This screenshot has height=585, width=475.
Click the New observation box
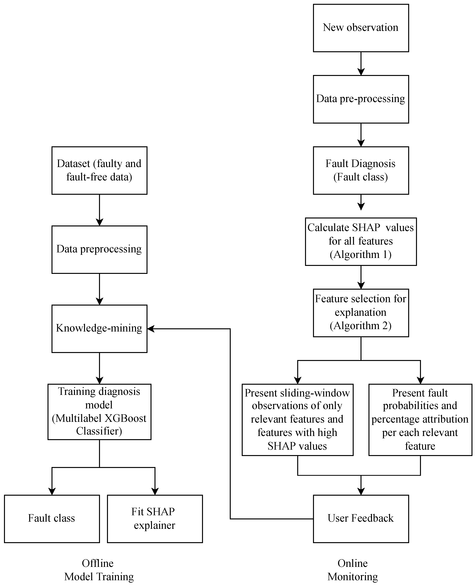tap(361, 28)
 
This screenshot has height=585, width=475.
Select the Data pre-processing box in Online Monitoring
tap(361, 99)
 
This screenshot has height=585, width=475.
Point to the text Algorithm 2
tap(361, 326)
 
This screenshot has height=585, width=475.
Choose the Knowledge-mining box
tap(99, 328)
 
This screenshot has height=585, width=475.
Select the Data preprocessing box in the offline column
tap(99, 249)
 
